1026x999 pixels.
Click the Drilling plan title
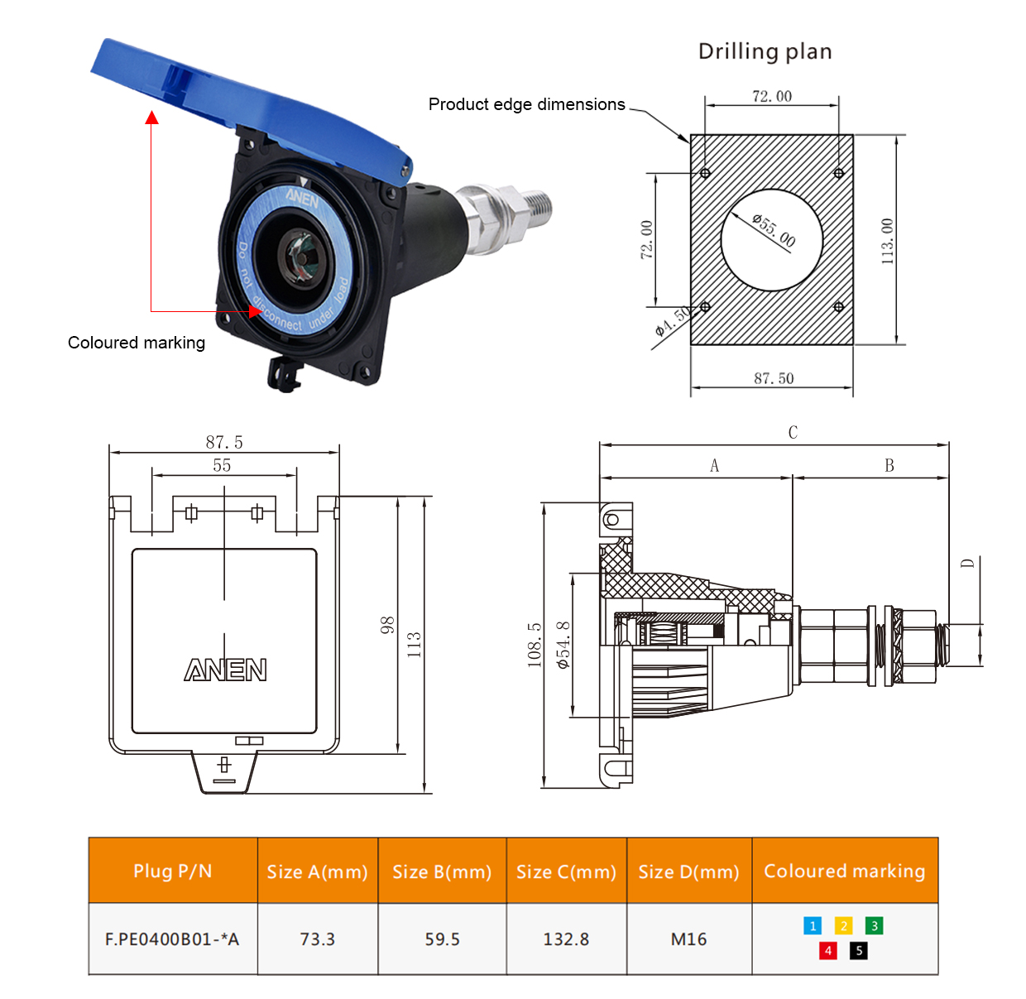765,51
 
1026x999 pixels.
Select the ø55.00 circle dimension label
774,229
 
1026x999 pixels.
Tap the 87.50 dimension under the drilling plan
774,378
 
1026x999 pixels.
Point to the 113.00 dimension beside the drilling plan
888,241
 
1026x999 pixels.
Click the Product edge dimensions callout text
526,104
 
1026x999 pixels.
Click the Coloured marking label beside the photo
137,343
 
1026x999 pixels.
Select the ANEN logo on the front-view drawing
225,670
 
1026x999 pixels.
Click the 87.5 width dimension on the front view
224,442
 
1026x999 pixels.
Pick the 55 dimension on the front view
222,465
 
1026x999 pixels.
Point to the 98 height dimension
387,626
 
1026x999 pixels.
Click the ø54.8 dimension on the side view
563,645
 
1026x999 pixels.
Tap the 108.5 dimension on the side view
535,645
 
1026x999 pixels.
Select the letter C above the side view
793,432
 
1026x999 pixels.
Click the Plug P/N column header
173,871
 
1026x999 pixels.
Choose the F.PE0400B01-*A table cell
172,939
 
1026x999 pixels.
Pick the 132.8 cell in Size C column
566,939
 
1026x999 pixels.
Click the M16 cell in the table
688,939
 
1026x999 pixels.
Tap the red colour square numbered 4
827,950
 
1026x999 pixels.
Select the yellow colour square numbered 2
843,925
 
